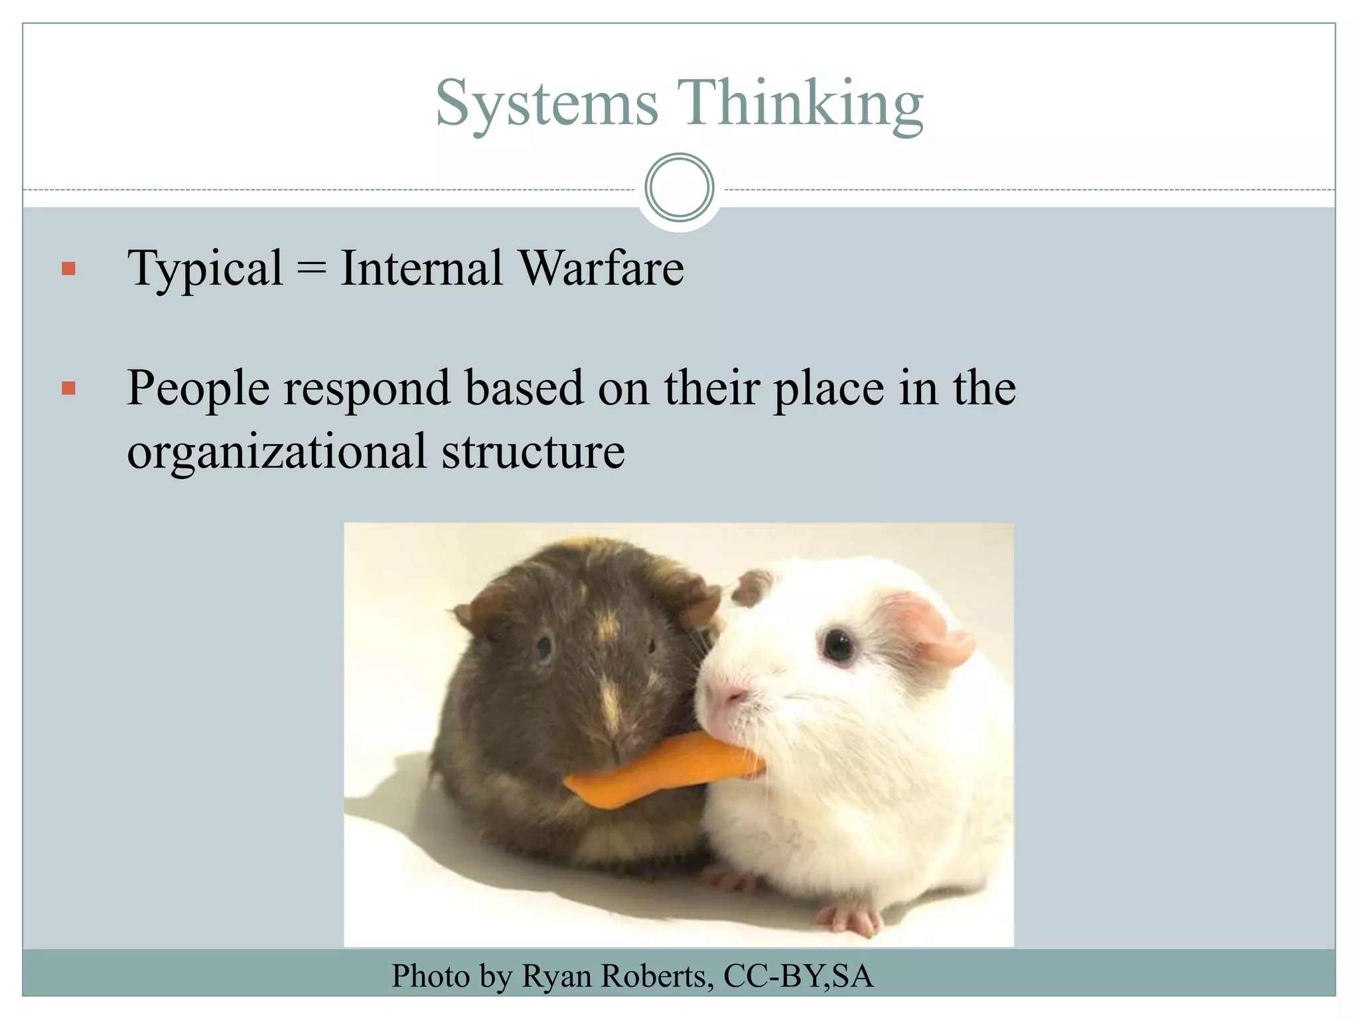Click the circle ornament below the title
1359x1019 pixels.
[x=679, y=188]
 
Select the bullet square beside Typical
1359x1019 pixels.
[x=68, y=269]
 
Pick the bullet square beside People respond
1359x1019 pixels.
[x=68, y=388]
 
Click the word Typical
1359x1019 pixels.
[x=205, y=269]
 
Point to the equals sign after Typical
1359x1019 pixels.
[x=311, y=269]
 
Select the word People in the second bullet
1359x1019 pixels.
[x=198, y=388]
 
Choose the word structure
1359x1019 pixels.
[x=533, y=451]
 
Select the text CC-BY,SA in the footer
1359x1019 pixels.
[x=798, y=976]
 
